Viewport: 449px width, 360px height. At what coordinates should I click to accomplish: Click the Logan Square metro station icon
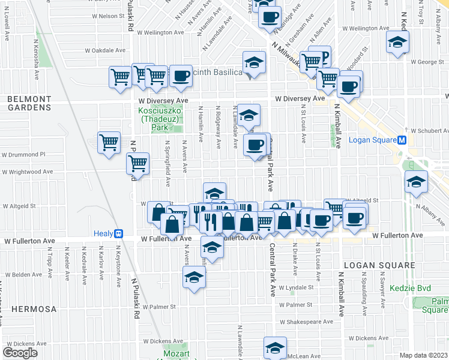403,140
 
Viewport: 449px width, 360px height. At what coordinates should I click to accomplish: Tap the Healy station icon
119,233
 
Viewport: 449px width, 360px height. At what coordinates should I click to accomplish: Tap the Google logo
20,353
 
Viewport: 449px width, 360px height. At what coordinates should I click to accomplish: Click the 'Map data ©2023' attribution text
424,355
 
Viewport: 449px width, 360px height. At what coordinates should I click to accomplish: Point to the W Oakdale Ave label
104,50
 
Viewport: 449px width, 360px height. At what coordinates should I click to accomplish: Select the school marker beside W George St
397,43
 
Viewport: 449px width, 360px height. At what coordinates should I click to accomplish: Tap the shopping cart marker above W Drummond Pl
109,143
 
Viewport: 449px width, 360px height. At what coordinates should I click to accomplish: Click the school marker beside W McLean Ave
275,347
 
